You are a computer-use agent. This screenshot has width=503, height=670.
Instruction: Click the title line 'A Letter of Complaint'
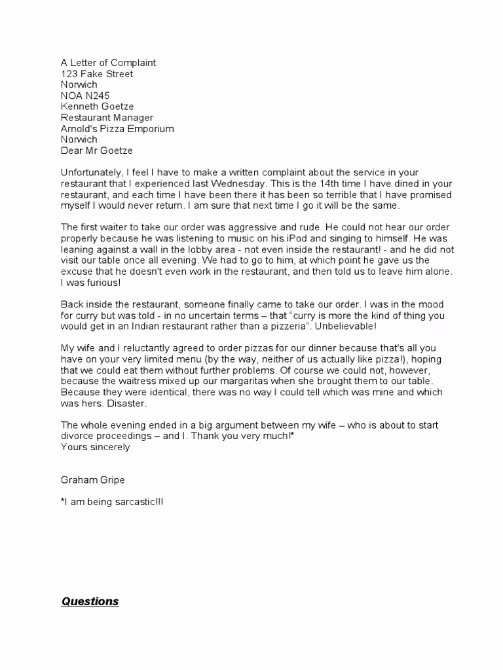pos(108,63)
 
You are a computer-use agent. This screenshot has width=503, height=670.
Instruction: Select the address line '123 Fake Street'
pos(96,74)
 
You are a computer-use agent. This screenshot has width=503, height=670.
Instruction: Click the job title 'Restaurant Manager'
pos(107,118)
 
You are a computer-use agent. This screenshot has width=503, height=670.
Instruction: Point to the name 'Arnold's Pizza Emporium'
pos(117,129)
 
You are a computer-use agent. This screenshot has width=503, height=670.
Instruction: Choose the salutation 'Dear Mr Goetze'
pos(96,150)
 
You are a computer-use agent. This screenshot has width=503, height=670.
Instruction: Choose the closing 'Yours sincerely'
pos(95,448)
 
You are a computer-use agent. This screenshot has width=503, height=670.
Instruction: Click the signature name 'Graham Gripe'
pos(92,480)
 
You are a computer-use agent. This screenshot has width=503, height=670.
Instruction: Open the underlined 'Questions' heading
pos(90,601)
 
